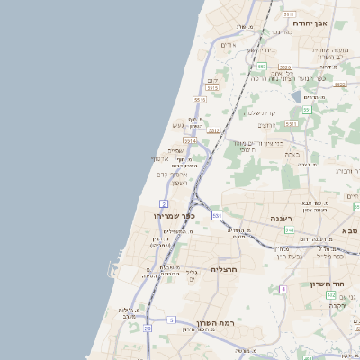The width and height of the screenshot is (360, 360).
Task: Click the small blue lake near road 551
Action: [x=296, y=95]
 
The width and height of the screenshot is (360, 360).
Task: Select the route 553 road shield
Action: [x=261, y=67]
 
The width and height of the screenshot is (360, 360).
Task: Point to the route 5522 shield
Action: [x=340, y=84]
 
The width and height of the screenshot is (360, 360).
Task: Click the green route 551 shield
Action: [x=307, y=110]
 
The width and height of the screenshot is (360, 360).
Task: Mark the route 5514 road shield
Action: [x=190, y=140]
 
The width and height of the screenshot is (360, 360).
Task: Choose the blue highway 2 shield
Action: [x=164, y=203]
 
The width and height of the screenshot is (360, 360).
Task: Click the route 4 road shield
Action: [x=283, y=289]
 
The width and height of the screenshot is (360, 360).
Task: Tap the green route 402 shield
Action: [x=331, y=295]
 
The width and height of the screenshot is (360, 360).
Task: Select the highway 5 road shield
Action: [x=171, y=319]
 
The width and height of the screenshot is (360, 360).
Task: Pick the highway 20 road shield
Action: [x=148, y=328]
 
